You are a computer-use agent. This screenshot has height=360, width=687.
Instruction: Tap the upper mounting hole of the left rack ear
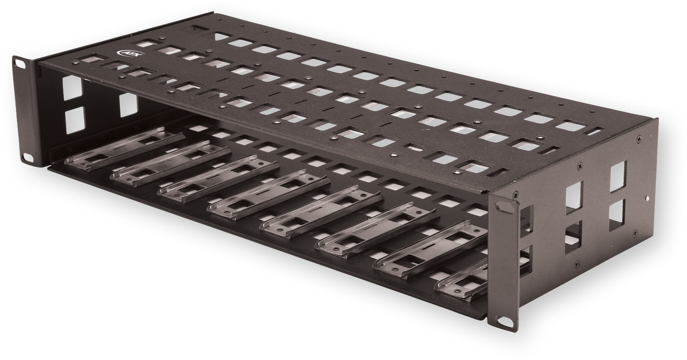20,62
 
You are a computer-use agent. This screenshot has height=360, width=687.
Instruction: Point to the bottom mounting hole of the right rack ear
498,321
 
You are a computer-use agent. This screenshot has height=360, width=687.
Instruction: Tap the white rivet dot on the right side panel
647,197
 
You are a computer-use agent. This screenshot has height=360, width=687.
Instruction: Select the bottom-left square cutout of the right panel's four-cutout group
573,238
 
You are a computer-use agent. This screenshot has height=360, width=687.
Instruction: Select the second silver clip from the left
169,163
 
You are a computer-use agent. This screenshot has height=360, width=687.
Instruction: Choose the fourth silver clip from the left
268,194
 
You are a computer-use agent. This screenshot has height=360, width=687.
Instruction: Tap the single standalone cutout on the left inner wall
128,105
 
